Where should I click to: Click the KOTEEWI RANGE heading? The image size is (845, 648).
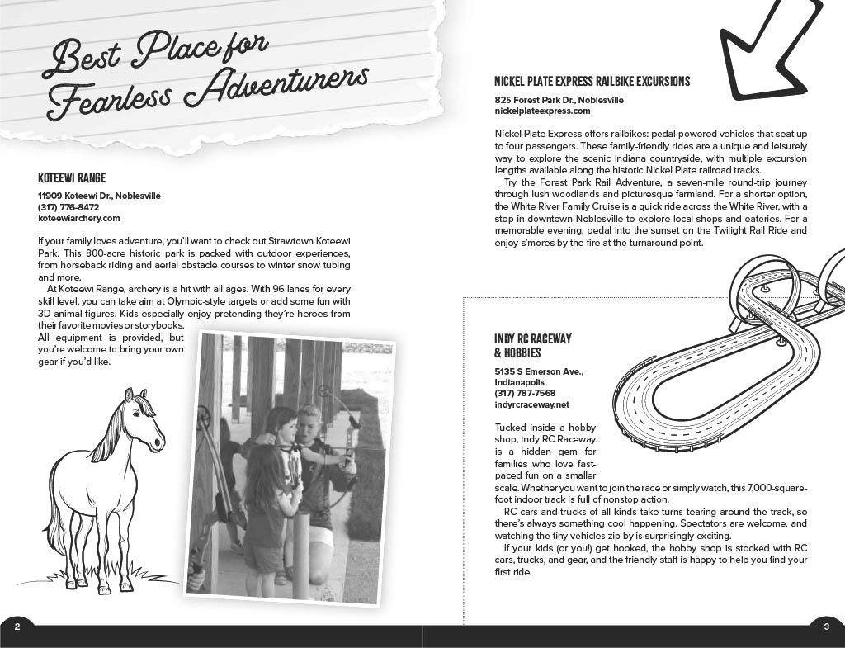coord(72,177)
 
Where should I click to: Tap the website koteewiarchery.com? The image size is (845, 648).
coord(79,219)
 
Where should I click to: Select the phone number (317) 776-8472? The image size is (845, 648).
coord(68,207)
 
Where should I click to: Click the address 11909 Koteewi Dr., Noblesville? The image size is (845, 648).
coord(99,196)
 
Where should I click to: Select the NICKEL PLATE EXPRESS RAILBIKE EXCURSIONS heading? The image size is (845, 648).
coord(592,82)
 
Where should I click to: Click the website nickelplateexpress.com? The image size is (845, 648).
coord(542,111)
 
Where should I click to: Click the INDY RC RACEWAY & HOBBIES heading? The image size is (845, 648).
coord(532,346)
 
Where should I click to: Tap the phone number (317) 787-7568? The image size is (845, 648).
coord(525,394)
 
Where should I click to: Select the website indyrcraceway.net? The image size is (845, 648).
coord(531,405)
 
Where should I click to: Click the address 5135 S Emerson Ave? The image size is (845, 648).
coord(539,371)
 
